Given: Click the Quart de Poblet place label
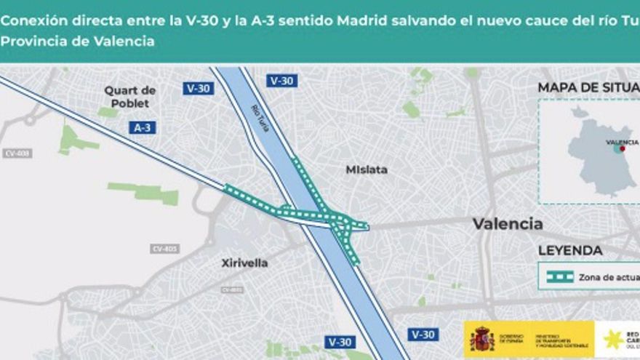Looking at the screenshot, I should [x=129, y=96].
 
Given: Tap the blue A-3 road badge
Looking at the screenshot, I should [x=143, y=127].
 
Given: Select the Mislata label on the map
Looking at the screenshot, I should [x=367, y=169].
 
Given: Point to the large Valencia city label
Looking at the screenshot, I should [x=508, y=223].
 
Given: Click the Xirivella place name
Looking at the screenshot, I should [x=245, y=263].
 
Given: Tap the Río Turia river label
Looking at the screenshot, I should [x=260, y=117].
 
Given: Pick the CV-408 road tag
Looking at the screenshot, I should [x=17, y=153].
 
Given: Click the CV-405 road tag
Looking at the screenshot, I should [x=165, y=249].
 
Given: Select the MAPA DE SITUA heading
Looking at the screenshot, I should [x=588, y=87].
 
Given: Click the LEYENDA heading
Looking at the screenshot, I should [x=570, y=251].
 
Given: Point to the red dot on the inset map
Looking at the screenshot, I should [x=622, y=148].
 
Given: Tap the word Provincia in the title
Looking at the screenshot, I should [x=33, y=41].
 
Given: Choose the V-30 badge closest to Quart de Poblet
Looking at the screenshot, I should [x=198, y=88].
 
